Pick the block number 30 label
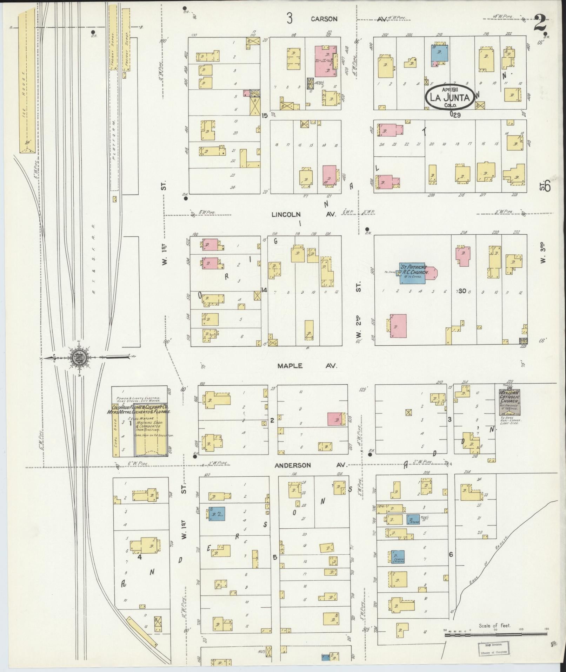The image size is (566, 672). pos(462,291)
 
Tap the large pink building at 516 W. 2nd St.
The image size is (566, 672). pos(398,326)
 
